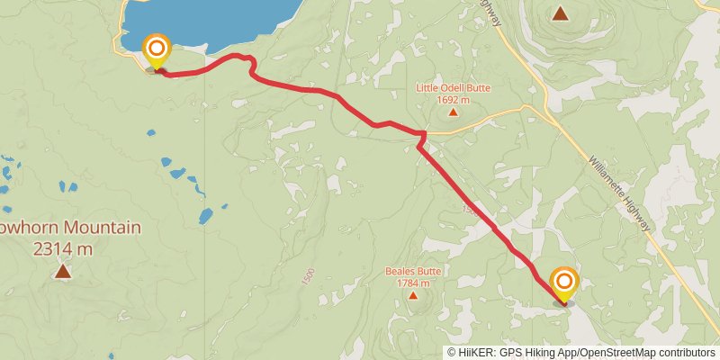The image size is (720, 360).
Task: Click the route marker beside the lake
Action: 157,49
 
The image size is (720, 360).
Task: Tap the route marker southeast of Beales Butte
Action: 564,283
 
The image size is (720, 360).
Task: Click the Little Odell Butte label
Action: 453,88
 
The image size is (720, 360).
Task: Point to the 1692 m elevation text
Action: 453,100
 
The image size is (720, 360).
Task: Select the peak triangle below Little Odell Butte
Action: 453,112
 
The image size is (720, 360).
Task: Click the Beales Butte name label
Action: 413,271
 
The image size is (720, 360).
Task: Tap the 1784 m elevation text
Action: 413,283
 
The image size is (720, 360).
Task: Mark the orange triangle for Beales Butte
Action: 413,295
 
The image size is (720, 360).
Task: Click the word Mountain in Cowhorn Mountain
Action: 99,228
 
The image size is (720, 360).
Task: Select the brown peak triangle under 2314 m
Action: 62,270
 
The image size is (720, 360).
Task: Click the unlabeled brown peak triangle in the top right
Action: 561,13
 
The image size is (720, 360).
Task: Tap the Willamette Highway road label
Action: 619,194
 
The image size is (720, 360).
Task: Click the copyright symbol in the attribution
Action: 452,352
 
